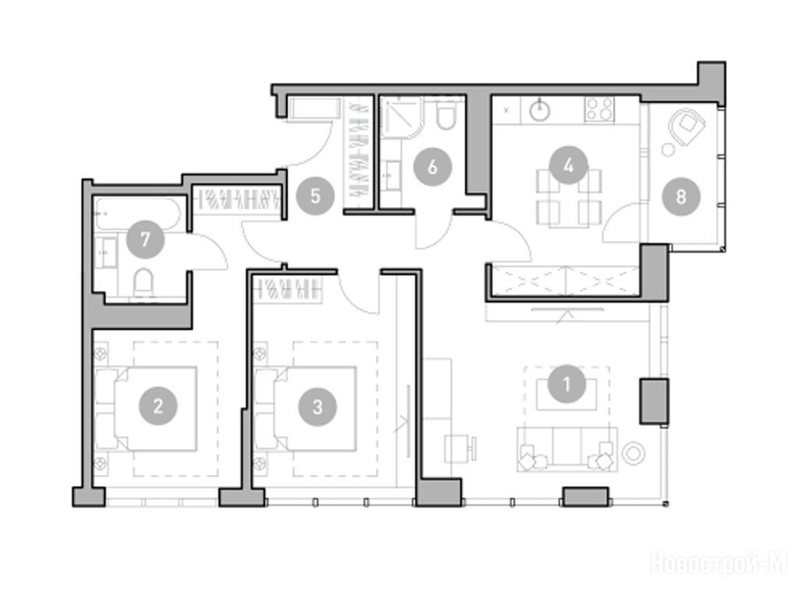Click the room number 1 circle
click(567, 384)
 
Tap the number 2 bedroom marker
click(157, 406)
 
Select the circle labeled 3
click(318, 406)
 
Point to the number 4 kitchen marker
click(568, 165)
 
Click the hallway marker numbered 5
click(316, 196)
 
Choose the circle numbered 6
click(433, 167)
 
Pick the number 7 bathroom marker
click(146, 239)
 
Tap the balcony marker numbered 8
click(681, 197)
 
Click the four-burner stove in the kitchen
click(599, 109)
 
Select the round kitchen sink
click(539, 110)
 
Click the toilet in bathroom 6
click(447, 116)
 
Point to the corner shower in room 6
click(401, 119)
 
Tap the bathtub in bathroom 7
click(137, 214)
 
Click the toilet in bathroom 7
click(143, 282)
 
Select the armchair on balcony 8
click(687, 126)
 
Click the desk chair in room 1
click(461, 448)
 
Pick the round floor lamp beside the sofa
click(634, 453)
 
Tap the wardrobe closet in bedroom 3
click(290, 290)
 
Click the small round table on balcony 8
click(668, 150)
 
